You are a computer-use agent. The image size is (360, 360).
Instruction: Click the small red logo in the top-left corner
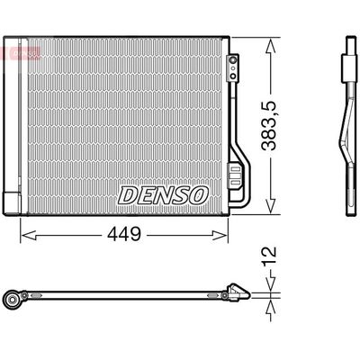coord(12,52)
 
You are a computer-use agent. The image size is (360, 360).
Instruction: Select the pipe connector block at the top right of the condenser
coord(233,64)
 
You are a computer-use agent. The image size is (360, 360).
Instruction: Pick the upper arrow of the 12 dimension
coord(270,280)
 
